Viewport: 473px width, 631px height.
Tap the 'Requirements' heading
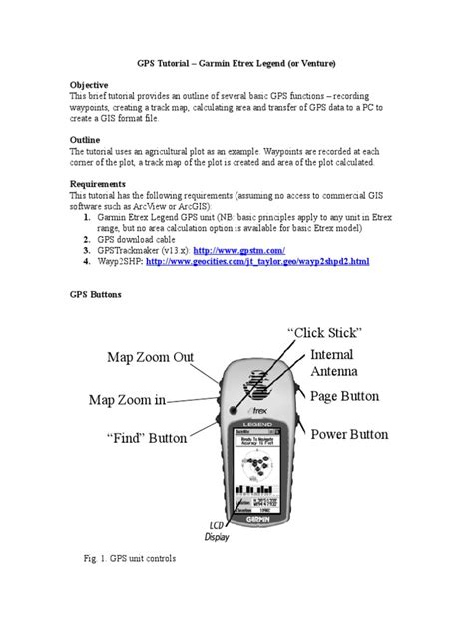point(102,183)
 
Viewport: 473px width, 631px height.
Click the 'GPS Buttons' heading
point(98,296)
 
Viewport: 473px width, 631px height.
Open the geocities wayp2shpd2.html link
point(257,261)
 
